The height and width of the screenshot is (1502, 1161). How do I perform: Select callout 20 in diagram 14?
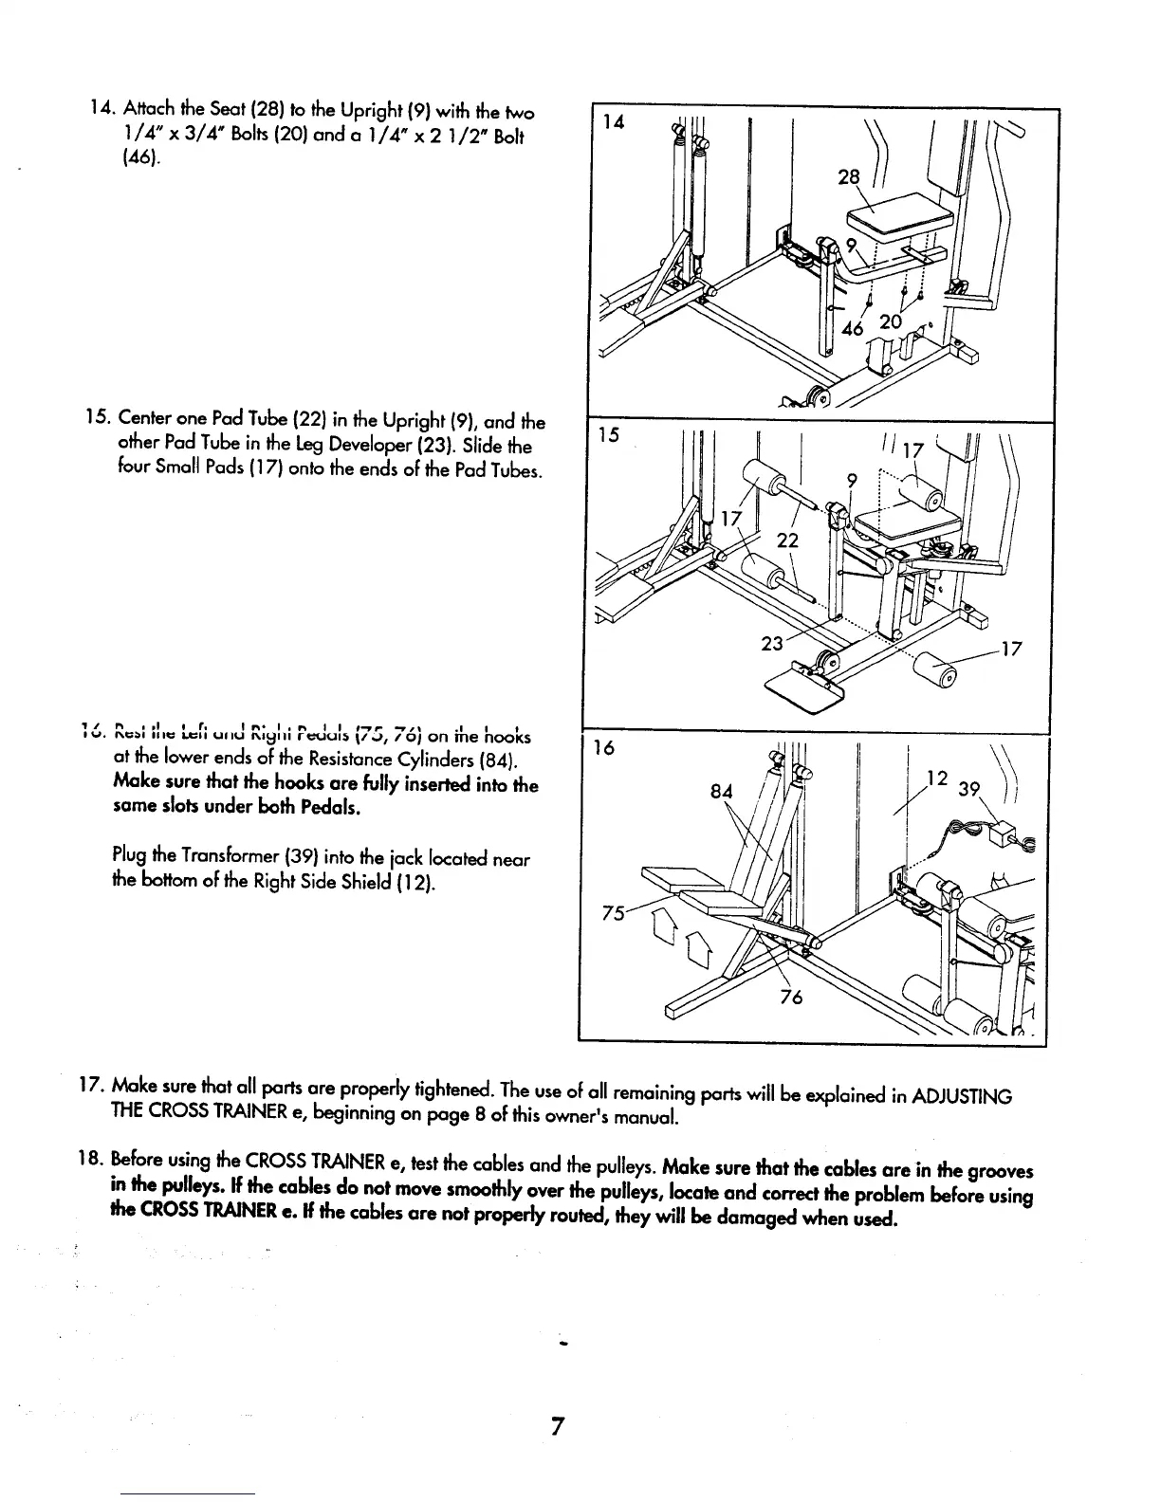pyautogui.click(x=891, y=322)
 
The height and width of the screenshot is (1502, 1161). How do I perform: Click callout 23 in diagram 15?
pyautogui.click(x=772, y=643)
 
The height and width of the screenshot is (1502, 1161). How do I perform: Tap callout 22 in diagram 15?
pyautogui.click(x=787, y=540)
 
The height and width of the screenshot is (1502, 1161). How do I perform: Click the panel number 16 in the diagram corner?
pyautogui.click(x=604, y=748)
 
